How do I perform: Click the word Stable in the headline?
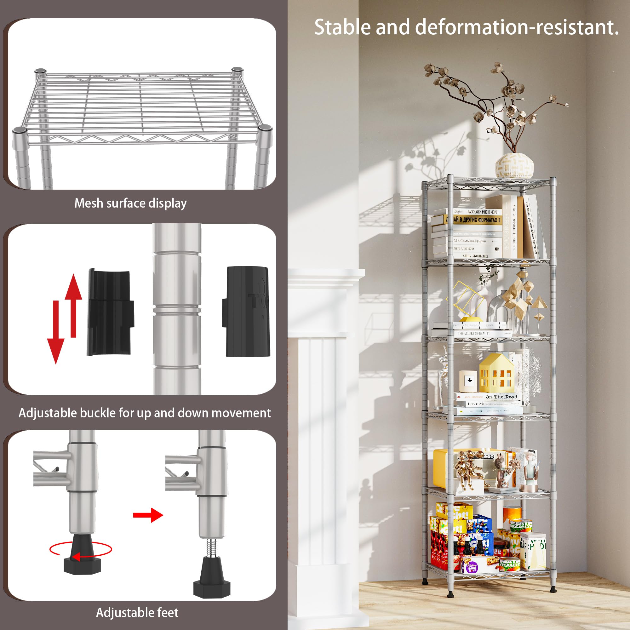point(342,27)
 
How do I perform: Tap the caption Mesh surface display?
point(130,203)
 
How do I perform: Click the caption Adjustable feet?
point(137,612)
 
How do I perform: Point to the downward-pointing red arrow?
point(56,333)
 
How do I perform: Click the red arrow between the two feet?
point(148,515)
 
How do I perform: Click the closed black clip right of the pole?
point(247,312)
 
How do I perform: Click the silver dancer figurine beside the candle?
point(444,375)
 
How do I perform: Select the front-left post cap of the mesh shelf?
point(20,131)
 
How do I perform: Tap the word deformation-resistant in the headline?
point(517,27)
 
